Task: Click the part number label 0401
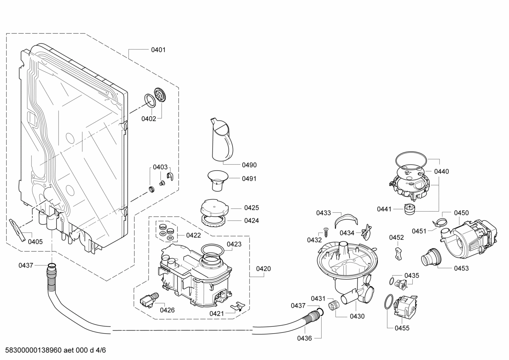[x=158, y=50]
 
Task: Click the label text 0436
[x=304, y=338]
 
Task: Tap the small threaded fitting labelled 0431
[x=333, y=305]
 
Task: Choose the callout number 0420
[x=263, y=269]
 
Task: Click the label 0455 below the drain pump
[x=402, y=328]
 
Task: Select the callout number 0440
[x=441, y=171]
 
